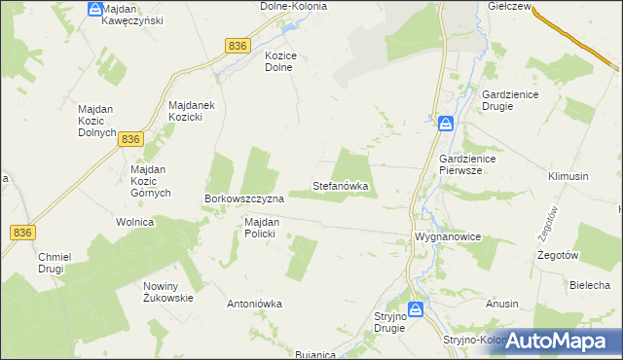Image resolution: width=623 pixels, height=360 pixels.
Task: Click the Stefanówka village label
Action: (x=340, y=185)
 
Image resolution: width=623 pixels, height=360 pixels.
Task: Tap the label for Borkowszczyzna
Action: (x=243, y=198)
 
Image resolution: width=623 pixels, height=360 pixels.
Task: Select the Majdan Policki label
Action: (x=262, y=228)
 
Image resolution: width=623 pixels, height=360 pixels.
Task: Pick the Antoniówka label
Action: (x=254, y=304)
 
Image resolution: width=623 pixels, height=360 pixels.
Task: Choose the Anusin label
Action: (x=502, y=304)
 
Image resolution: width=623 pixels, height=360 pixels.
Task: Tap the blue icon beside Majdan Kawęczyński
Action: (x=94, y=9)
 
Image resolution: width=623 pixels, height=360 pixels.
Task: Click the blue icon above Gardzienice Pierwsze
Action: (x=445, y=124)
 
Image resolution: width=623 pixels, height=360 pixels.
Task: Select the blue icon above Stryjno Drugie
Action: (x=416, y=309)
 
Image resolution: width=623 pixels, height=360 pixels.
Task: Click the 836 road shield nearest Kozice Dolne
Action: (x=238, y=46)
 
